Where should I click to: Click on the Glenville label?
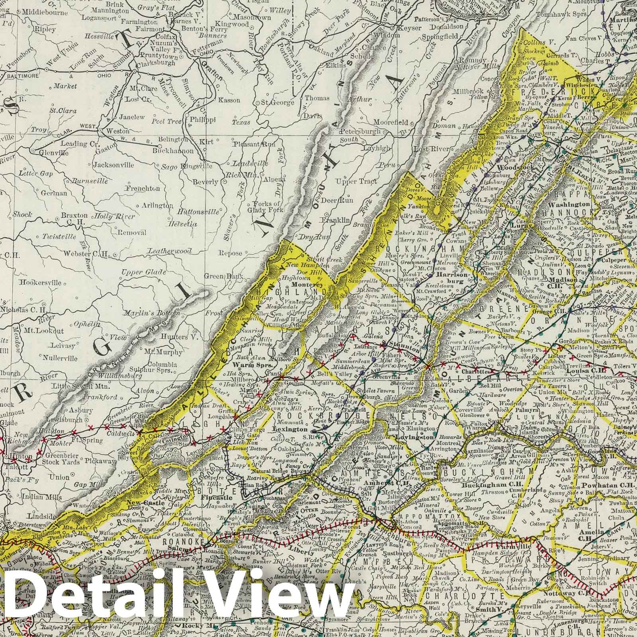point(55,152)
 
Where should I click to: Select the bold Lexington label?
point(291,430)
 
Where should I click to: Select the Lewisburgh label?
point(64,420)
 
